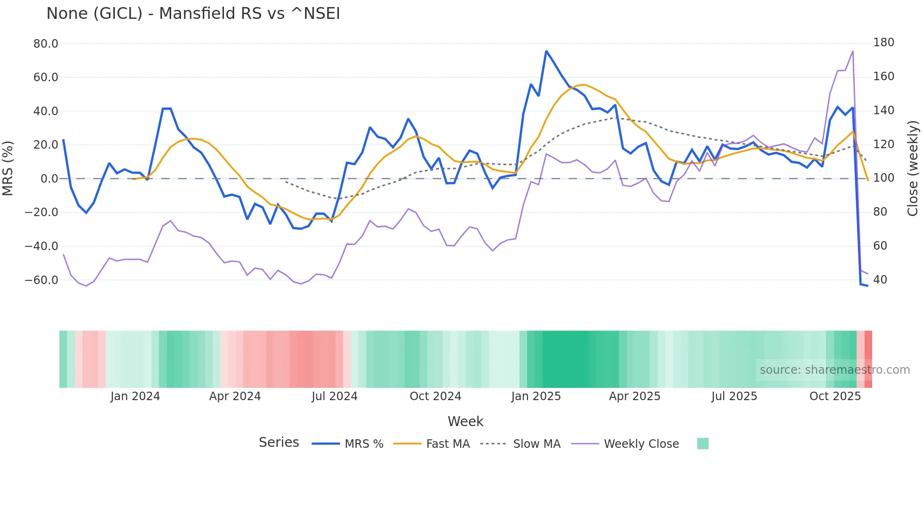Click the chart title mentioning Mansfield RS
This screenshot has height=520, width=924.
[193, 14]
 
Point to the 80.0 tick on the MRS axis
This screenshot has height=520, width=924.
[45, 44]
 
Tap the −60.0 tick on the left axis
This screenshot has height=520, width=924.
[41, 280]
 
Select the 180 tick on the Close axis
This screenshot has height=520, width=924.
[883, 42]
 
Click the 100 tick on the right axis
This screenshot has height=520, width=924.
[883, 178]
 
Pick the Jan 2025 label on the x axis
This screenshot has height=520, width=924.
[536, 396]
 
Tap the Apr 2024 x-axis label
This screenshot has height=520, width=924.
[235, 396]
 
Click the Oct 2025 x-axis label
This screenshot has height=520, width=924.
[835, 396]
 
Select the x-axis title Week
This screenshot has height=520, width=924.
[465, 421]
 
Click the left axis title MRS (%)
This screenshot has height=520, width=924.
[8, 168]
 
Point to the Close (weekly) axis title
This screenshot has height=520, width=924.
[913, 168]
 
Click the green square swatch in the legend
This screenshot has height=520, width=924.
[702, 444]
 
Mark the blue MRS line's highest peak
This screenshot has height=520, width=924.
[546, 51]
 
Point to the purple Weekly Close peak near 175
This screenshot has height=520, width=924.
[853, 51]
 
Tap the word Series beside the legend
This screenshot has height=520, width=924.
[279, 443]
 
